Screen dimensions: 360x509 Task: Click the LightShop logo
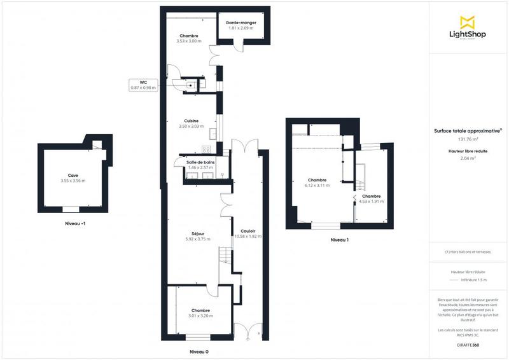[x=468, y=29]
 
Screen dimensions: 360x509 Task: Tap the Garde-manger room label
[x=241, y=23]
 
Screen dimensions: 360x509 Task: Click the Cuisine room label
[x=191, y=121]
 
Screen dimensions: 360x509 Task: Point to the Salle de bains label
[x=200, y=162]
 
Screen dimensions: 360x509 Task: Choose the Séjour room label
[x=197, y=233]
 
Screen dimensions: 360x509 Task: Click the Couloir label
[x=248, y=231]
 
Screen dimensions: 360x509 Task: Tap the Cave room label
[x=73, y=176]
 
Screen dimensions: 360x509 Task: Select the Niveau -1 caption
[x=76, y=224]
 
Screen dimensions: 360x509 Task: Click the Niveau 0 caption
[x=199, y=352]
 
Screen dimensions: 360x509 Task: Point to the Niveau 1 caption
[x=339, y=240]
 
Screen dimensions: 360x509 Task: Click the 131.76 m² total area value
[x=468, y=139]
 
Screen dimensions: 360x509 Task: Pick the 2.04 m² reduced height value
[x=468, y=158]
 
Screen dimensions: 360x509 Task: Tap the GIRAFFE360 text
[x=468, y=344]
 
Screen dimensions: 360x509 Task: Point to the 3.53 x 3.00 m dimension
[x=188, y=41]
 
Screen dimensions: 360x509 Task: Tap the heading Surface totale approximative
[x=468, y=130]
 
